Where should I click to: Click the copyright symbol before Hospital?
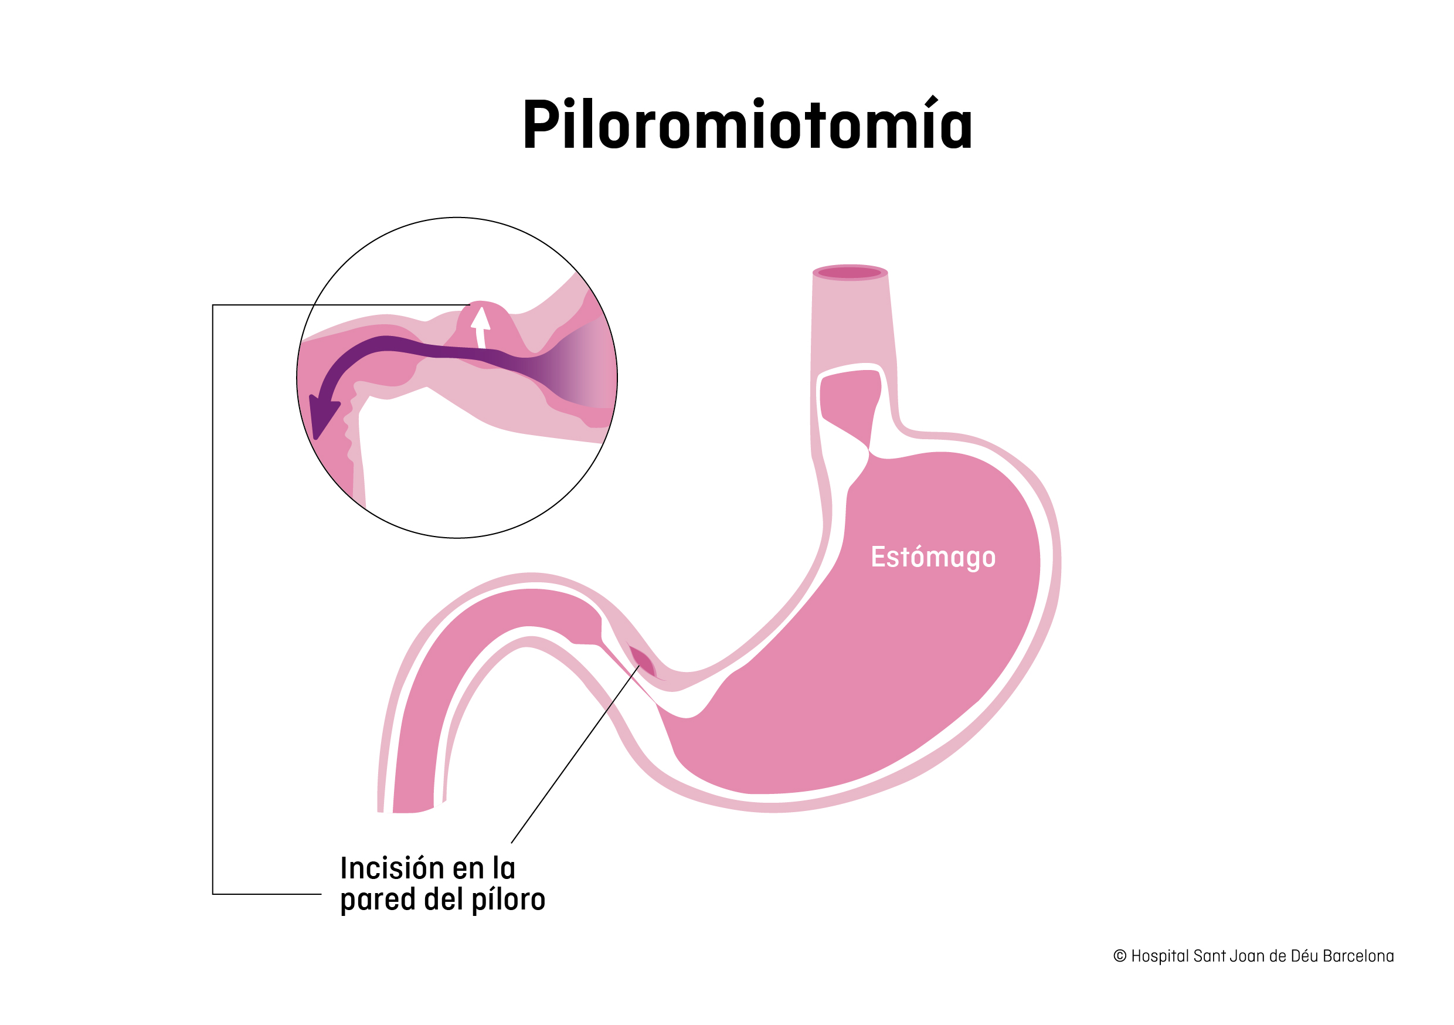pos(1120,956)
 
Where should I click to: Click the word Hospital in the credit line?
pos(1159,956)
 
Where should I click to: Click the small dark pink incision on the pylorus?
pos(643,662)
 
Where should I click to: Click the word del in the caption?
pos(443,900)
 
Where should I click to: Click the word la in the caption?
pos(504,868)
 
